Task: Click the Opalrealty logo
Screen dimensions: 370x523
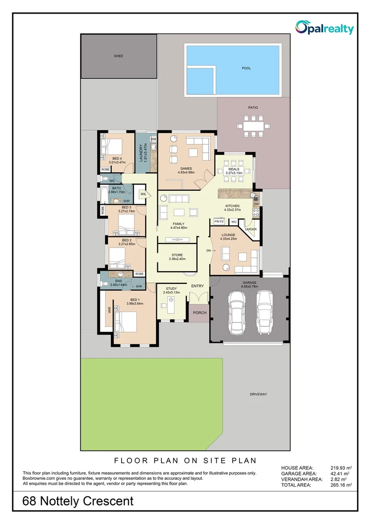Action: coord(324,28)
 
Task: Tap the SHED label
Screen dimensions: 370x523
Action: coord(119,56)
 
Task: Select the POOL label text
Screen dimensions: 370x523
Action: coord(246,68)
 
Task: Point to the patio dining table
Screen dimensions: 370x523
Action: coord(254,126)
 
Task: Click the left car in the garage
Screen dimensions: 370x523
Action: coord(238,312)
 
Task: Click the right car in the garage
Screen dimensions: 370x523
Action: coord(264,312)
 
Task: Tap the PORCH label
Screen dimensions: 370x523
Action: coord(200,313)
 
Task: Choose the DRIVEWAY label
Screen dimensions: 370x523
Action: coord(258,394)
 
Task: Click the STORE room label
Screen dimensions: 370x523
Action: coord(177,255)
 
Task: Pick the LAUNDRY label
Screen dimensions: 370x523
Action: coord(141,153)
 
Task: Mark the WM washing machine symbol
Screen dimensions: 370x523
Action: coord(154,139)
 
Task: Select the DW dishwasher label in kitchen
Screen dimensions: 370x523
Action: coord(256,204)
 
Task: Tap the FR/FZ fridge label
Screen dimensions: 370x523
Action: coord(219,221)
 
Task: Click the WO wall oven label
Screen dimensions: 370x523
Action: coord(234,222)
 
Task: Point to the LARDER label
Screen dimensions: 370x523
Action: coord(251,229)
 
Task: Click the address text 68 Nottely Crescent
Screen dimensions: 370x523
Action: coord(78,501)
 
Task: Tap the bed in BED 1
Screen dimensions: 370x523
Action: coord(126,322)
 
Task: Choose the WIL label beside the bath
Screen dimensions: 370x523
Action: coord(143,194)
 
